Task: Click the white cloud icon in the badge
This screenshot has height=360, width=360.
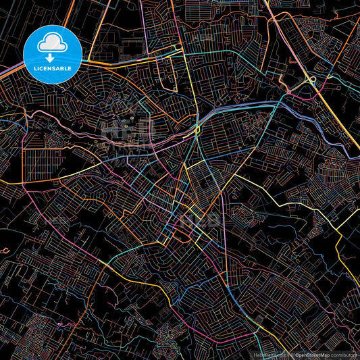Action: [53, 44]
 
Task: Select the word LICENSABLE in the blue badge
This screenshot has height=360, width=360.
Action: [53, 69]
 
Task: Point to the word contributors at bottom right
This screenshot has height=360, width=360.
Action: [344, 354]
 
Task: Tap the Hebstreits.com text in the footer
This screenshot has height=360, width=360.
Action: [267, 354]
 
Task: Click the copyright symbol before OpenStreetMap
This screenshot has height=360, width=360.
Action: [289, 354]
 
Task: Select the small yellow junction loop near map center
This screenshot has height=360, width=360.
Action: [197, 128]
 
